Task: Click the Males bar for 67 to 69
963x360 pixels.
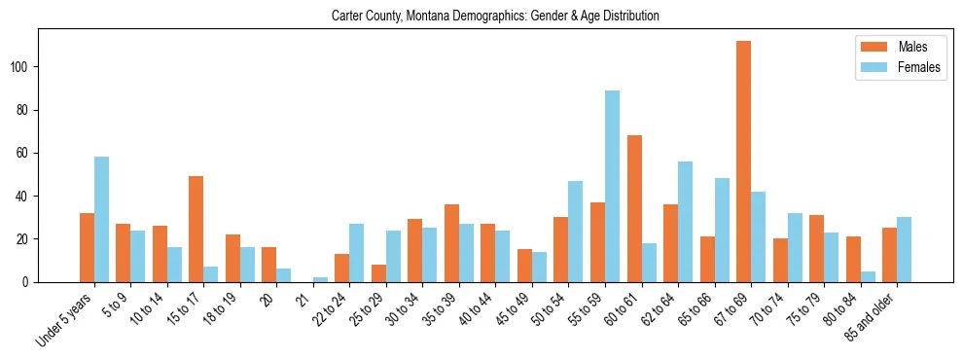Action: [743, 162]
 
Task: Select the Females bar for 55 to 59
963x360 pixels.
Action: [612, 186]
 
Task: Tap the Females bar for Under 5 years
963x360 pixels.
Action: [101, 219]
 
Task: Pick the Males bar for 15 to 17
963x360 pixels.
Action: [196, 229]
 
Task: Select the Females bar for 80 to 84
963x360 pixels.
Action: [868, 276]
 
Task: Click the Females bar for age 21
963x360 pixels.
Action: [320, 279]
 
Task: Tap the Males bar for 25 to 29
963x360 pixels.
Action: [378, 273]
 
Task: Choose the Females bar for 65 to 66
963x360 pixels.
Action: [722, 230]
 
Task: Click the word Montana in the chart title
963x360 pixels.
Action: [434, 17]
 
